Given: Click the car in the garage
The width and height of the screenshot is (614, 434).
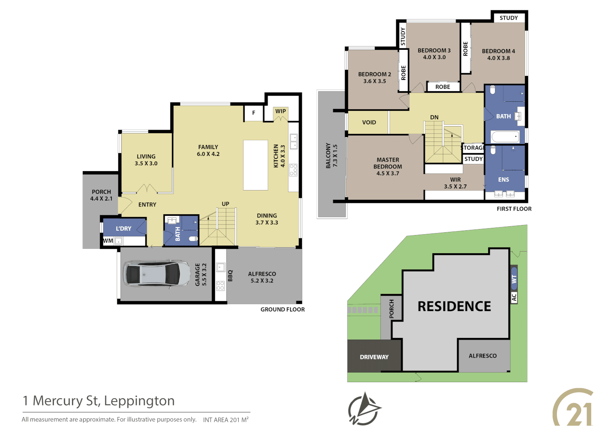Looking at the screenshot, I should pyautogui.click(x=156, y=274).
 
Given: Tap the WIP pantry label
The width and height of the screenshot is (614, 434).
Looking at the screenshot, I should pyautogui.click(x=280, y=111).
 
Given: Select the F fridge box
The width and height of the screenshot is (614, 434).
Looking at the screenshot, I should pyautogui.click(x=254, y=113).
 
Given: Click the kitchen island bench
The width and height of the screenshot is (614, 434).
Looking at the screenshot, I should pyautogui.click(x=256, y=165).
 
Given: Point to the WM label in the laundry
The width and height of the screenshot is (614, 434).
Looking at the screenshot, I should pyautogui.click(x=108, y=241).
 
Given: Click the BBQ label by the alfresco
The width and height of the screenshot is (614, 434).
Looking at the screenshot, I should pyautogui.click(x=230, y=276).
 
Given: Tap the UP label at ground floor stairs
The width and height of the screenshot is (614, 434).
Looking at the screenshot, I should pyautogui.click(x=225, y=204).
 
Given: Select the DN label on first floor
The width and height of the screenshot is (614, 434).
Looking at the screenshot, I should pyautogui.click(x=434, y=117).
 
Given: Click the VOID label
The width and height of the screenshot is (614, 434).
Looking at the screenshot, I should pyautogui.click(x=369, y=123).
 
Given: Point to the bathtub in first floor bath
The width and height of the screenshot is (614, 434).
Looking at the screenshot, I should pyautogui.click(x=505, y=137).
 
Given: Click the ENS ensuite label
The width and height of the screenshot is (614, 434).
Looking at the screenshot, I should pyautogui.click(x=503, y=180).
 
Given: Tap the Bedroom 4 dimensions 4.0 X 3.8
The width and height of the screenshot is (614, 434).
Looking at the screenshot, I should pyautogui.click(x=498, y=58).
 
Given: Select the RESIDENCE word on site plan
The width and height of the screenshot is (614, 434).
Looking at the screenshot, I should pyautogui.click(x=454, y=306).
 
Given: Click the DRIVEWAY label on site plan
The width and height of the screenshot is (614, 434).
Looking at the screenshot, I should pyautogui.click(x=374, y=357).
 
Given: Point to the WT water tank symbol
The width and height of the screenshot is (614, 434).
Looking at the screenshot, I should pyautogui.click(x=514, y=278).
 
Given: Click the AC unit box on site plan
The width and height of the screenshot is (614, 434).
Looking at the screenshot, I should pyautogui.click(x=514, y=297).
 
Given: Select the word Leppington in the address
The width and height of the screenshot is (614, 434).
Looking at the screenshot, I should pyautogui.click(x=139, y=401).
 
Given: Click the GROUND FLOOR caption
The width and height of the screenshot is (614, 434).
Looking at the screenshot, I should pyautogui.click(x=282, y=309).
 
